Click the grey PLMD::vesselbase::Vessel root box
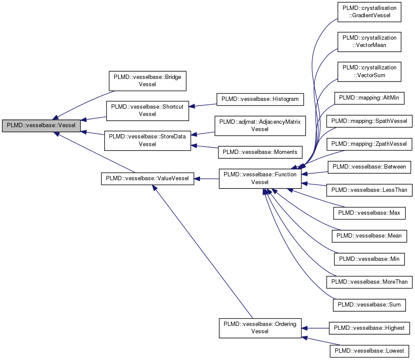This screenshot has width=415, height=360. tap(41, 126)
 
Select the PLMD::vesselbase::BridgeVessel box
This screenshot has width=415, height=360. tap(147, 81)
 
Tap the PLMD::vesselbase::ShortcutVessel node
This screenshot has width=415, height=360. tap(147, 110)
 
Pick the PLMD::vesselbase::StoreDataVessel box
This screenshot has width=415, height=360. tap(147, 140)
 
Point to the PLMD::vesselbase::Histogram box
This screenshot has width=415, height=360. tap(260, 99)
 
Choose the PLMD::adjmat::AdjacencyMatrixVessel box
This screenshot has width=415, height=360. tap(260, 125)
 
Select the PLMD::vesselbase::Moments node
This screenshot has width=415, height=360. tap(260, 152)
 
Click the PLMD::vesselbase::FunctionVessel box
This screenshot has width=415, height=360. tap(260, 178)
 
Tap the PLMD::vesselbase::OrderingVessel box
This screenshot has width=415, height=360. tap(260, 328)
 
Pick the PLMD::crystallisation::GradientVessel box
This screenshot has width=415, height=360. tap(369, 12)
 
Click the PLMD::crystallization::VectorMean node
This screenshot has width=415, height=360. tap(369, 41)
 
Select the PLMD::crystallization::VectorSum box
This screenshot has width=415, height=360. tap(369, 71)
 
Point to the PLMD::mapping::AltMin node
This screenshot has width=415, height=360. tap(369, 98)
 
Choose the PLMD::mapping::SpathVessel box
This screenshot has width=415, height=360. tap(369, 121)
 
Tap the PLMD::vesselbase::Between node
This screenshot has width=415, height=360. tap(369, 166)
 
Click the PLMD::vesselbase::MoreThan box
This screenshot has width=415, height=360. tap(369, 282)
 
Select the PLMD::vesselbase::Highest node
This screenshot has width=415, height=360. tap(369, 328)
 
